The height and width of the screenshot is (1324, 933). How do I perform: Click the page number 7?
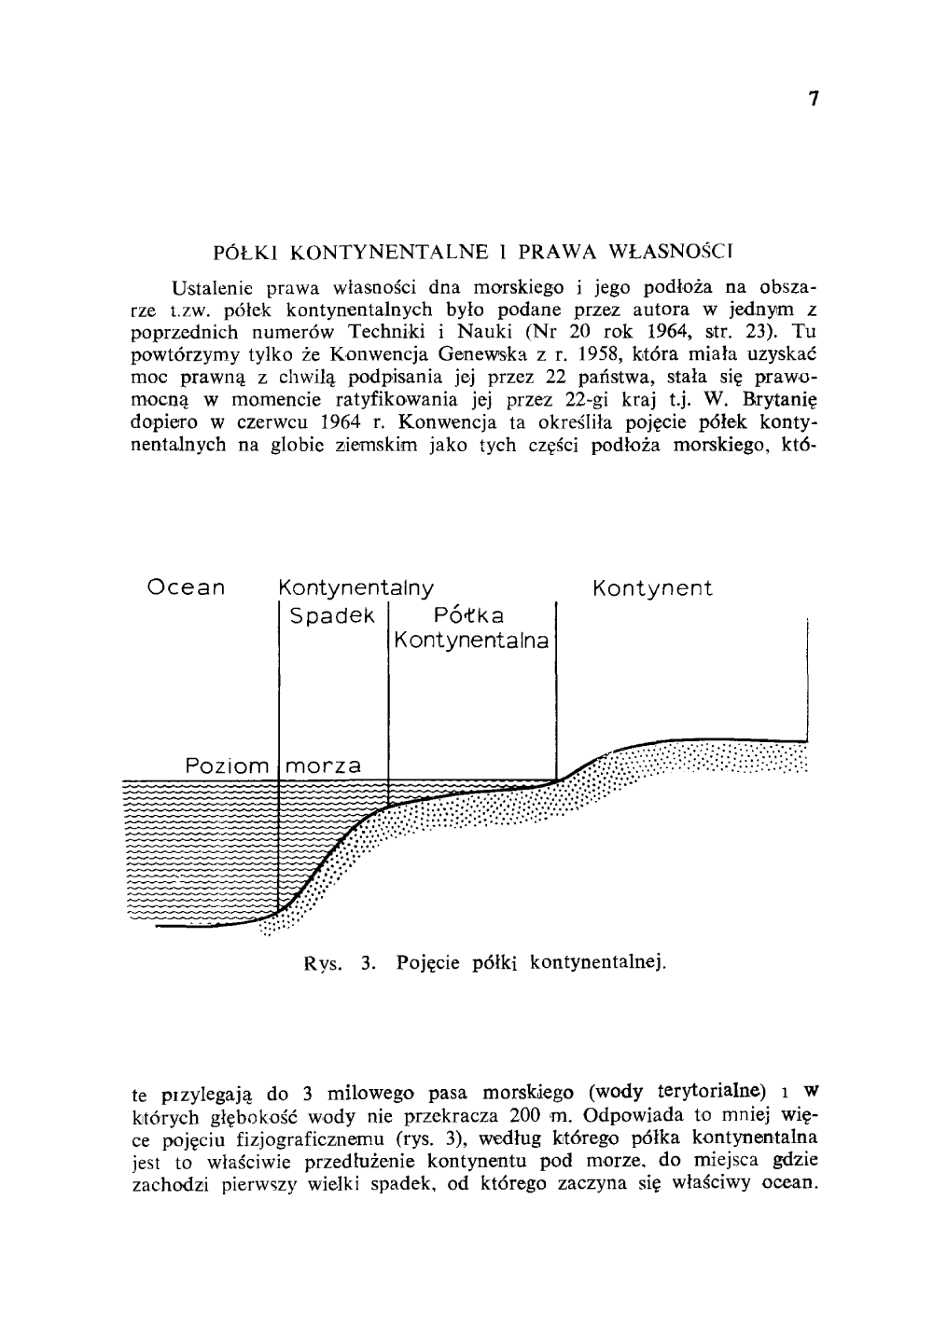tap(814, 100)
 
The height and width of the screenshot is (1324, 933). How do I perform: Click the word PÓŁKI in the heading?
tap(247, 252)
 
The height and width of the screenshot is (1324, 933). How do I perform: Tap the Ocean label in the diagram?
tap(187, 588)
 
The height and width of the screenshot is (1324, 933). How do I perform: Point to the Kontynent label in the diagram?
tap(652, 588)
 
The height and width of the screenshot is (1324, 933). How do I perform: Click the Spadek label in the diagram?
tap(332, 616)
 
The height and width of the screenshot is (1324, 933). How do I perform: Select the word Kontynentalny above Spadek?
tap(356, 588)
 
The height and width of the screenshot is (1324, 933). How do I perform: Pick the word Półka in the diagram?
tap(469, 616)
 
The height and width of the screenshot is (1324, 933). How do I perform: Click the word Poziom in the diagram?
tap(227, 766)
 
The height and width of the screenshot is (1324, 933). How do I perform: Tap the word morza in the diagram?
tap(323, 766)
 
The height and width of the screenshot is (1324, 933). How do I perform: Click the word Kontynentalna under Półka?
tap(470, 641)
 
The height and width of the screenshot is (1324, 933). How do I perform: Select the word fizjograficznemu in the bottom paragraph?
tap(307, 1138)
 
